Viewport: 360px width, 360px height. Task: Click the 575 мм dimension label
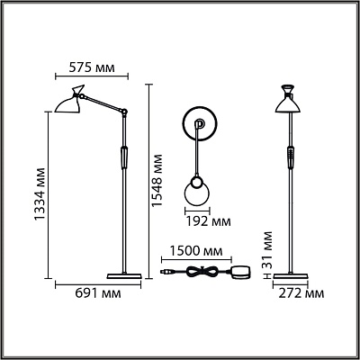click(92, 67)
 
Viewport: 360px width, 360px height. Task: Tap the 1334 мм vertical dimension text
click(40, 194)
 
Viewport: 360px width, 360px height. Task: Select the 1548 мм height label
click(157, 181)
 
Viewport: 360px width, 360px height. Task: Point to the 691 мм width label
click(98, 293)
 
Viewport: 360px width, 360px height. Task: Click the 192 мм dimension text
click(209, 221)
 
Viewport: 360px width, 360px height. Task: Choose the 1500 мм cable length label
click(196, 250)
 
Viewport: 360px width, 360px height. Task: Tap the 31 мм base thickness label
click(265, 249)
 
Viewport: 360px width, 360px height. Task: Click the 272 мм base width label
click(301, 293)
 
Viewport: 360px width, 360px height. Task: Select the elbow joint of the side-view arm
click(124, 112)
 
